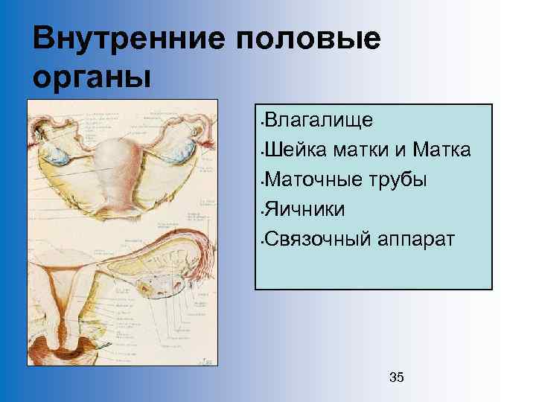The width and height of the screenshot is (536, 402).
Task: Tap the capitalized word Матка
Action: pos(442,150)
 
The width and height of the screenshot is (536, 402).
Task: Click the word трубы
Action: pos(395,180)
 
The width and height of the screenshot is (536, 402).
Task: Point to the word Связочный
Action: pos(312,240)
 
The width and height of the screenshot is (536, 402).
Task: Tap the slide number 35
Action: pos(397,377)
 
